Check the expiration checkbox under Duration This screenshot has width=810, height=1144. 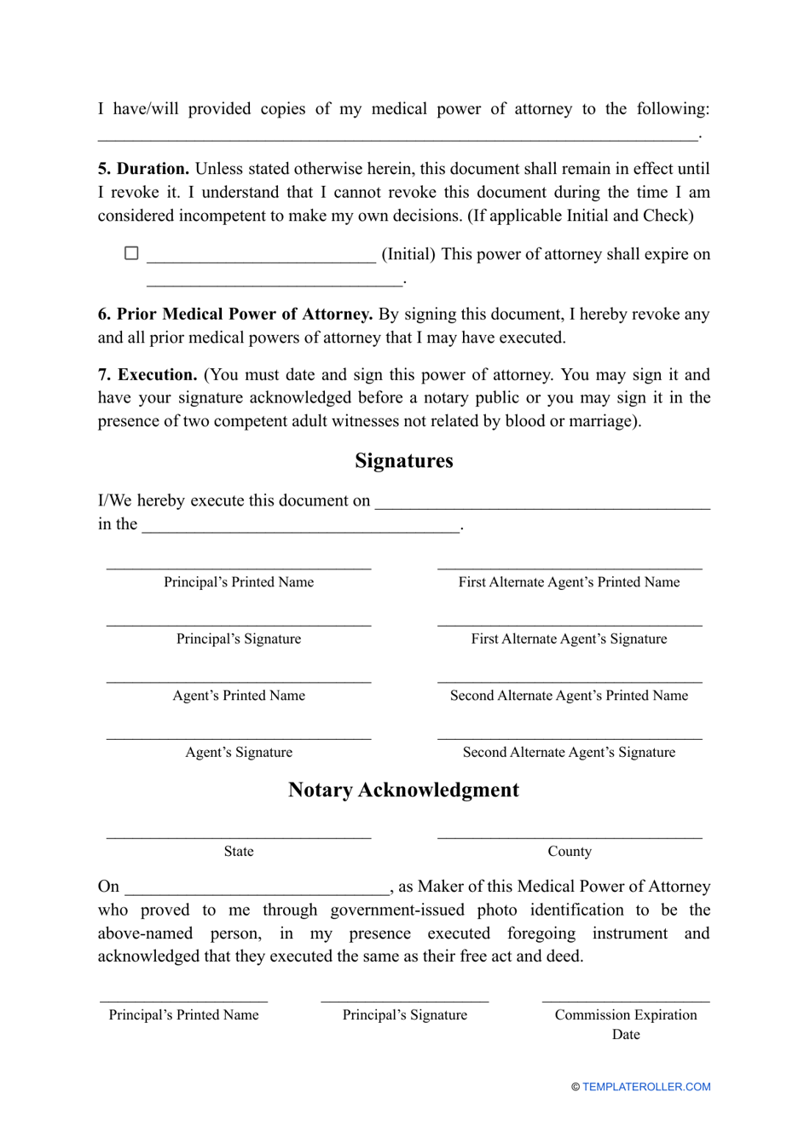click(x=131, y=253)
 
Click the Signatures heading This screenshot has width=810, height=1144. click(x=403, y=461)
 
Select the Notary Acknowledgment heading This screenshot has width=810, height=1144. click(x=403, y=790)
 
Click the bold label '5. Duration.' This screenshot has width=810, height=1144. click(x=143, y=169)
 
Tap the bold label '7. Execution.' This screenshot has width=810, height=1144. click(x=148, y=374)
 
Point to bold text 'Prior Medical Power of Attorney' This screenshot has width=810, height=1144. click(x=244, y=314)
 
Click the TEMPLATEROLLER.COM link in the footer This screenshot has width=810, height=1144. click(x=645, y=1087)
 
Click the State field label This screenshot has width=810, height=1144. click(x=239, y=852)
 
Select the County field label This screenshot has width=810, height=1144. click(x=570, y=852)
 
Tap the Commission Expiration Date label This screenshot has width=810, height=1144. click(x=626, y=1024)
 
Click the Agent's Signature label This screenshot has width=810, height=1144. click(x=239, y=753)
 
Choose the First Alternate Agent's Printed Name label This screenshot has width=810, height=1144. click(x=569, y=582)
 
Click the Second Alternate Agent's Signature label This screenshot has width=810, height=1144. click(x=569, y=753)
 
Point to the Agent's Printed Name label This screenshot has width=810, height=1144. click(x=239, y=696)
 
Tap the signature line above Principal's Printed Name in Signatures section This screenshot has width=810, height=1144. click(x=239, y=566)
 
